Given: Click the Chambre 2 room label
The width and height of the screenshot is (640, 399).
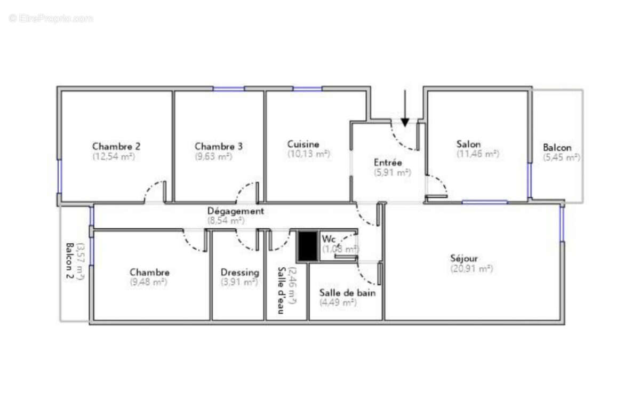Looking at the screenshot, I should pos(116,146).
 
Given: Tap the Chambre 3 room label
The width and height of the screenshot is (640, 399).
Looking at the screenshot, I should pos(219,146).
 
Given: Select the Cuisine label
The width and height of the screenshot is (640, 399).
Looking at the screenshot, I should pos(303,144).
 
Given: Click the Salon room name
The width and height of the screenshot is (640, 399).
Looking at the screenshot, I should pos(468,144).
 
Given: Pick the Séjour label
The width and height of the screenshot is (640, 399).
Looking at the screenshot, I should pos(463,259).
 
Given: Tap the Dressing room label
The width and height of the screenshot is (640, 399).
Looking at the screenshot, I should pos(240,272).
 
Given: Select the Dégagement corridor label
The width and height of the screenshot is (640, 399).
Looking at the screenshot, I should pos(235,211).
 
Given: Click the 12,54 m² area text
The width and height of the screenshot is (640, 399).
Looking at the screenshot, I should pos(114,157).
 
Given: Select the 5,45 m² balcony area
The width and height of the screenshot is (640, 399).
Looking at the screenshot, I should pos(562,157).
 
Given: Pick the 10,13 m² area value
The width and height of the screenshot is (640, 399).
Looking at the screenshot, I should pos(308,154).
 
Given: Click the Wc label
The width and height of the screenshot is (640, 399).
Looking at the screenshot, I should pos(329,238).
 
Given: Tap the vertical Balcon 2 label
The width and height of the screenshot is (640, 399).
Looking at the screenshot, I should pos(70,261).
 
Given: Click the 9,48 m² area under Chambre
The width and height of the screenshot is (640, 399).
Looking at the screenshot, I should pos(149,282).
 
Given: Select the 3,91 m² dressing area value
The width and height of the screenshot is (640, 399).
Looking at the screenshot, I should pos(239,282).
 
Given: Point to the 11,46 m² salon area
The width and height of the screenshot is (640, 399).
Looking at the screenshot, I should pos(477,154).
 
